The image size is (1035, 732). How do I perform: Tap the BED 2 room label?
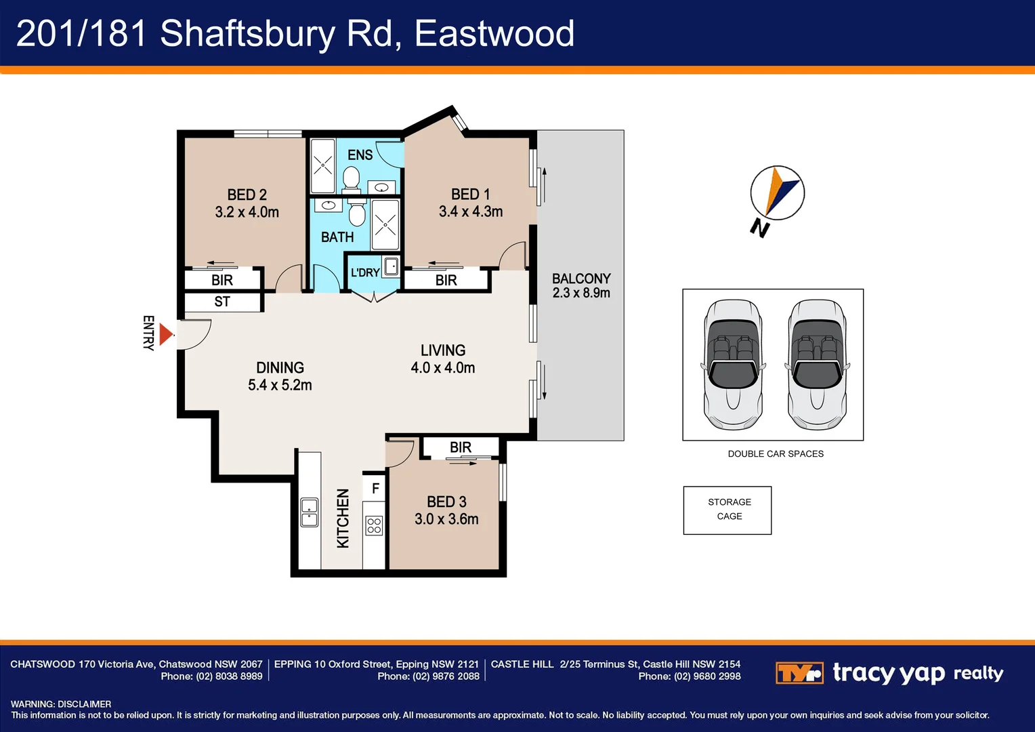coord(247,195)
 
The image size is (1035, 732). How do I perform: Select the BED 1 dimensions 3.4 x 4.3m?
coord(471,211)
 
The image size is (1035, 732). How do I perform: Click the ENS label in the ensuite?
coord(360,155)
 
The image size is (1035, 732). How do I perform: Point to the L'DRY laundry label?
coord(364,272)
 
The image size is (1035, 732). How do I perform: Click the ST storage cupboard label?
coord(222,302)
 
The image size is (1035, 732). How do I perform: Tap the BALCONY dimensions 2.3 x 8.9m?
coord(581,293)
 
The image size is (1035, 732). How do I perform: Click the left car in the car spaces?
coord(734,365)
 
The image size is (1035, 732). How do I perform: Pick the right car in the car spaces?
coord(818,365)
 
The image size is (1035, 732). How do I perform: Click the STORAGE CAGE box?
coord(727,510)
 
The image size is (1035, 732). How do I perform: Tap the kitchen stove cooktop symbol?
coord(374,525)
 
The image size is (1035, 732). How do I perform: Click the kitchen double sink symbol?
coord(309,512)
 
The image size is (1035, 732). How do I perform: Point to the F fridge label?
coord(375,489)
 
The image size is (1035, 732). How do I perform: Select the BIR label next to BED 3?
coord(461,447)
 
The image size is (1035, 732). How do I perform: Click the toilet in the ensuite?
coord(351,179)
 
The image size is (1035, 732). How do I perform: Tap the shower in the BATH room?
coord(385,224)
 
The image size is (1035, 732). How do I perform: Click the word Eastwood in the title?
coord(494,33)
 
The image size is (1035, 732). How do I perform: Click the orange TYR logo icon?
coord(799,673)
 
